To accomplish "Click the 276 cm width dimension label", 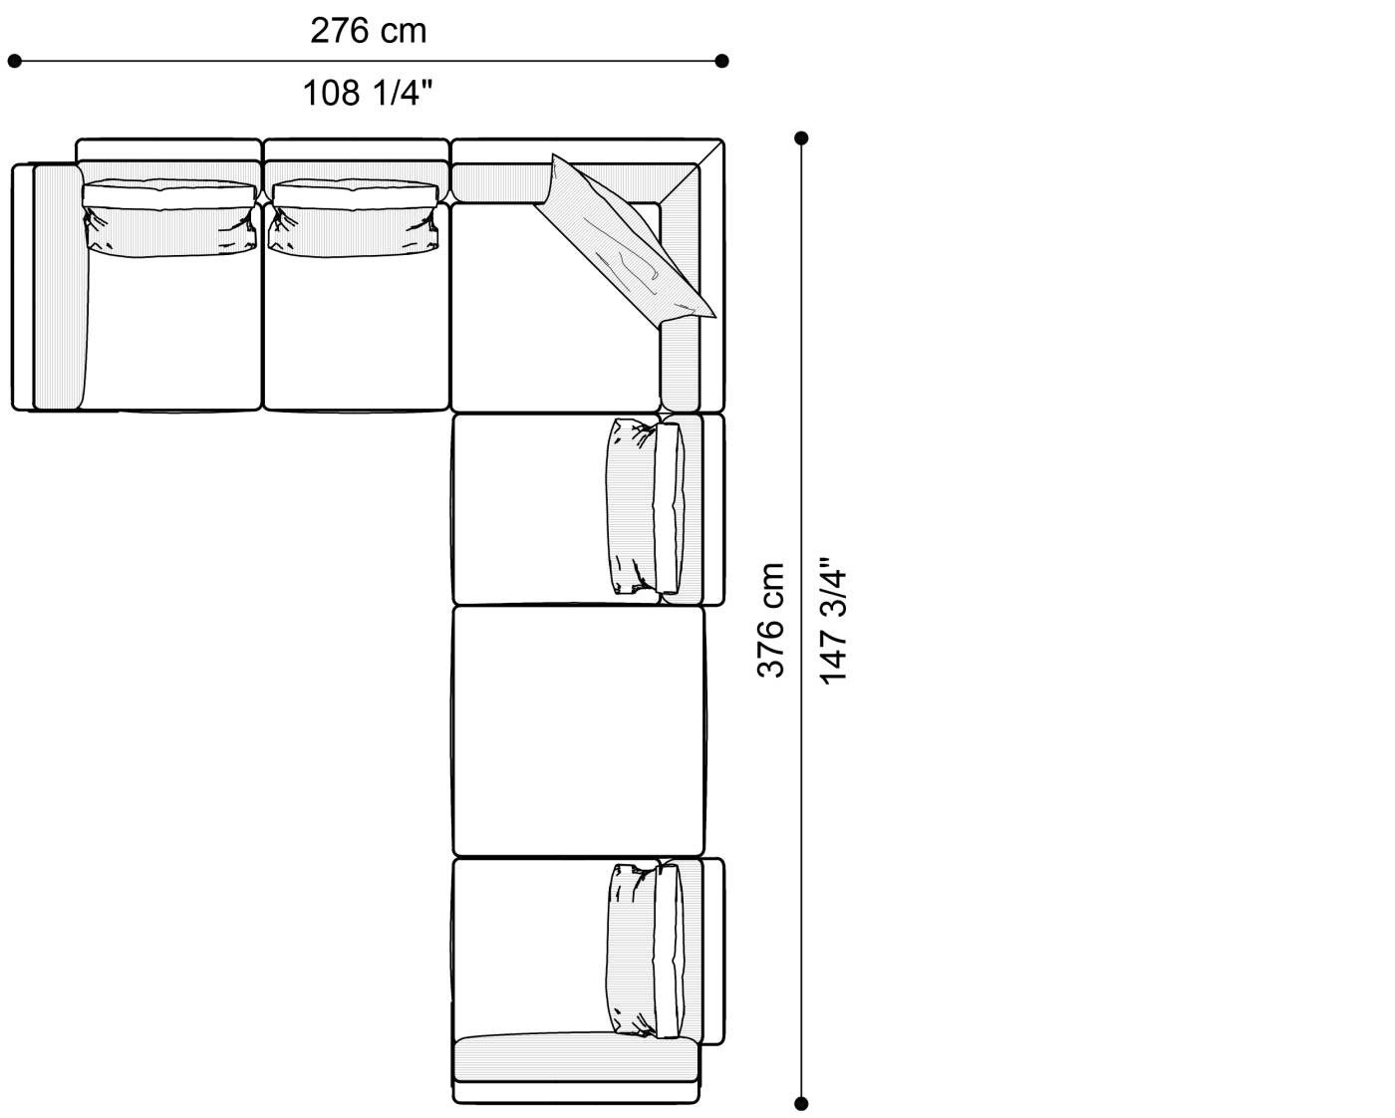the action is (369, 31).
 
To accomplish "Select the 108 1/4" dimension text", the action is (367, 93).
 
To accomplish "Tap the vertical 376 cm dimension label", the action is (771, 621).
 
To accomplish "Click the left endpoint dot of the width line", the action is (14, 62).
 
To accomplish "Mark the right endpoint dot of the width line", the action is (721, 62).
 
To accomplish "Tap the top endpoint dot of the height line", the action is (801, 139).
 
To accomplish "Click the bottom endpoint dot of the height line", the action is (801, 1104).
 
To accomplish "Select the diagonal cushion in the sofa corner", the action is (626, 240).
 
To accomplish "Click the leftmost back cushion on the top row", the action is (169, 218).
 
